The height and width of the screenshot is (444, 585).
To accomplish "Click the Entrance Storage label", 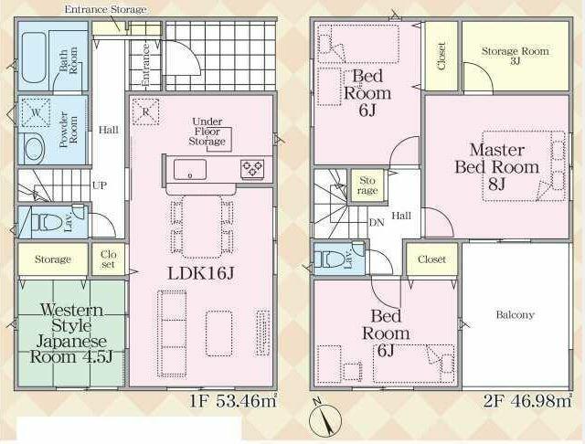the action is click(x=106, y=9).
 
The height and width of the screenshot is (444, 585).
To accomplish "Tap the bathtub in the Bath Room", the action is click(x=34, y=58).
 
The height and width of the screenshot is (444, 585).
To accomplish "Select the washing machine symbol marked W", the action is click(x=36, y=112).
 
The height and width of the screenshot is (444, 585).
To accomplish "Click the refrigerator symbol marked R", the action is click(x=145, y=111).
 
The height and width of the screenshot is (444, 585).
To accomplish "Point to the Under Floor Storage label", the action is click(x=207, y=132).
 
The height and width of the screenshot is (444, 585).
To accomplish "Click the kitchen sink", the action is click(x=190, y=170).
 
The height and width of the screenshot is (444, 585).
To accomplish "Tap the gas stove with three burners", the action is click(x=252, y=167).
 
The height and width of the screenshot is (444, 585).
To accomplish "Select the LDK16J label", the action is click(x=201, y=274).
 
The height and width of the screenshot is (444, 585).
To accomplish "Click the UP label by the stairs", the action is click(x=100, y=185).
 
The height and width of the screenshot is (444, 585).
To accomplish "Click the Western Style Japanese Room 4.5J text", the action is click(x=70, y=333).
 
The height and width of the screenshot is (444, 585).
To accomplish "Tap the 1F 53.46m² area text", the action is click(x=234, y=401).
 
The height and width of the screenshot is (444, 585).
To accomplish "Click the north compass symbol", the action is click(x=325, y=418).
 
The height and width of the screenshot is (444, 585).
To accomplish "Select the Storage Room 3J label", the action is click(x=516, y=55).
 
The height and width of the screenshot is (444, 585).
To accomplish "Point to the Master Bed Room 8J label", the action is click(x=497, y=167).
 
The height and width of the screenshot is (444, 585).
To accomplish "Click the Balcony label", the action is click(x=515, y=315).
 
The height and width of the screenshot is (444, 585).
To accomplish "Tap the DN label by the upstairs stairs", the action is click(x=377, y=223).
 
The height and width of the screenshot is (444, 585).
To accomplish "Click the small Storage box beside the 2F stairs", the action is click(x=367, y=185).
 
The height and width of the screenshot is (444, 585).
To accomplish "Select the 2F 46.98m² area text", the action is click(x=527, y=401).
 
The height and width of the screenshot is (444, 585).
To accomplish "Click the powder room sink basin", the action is click(x=35, y=149).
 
